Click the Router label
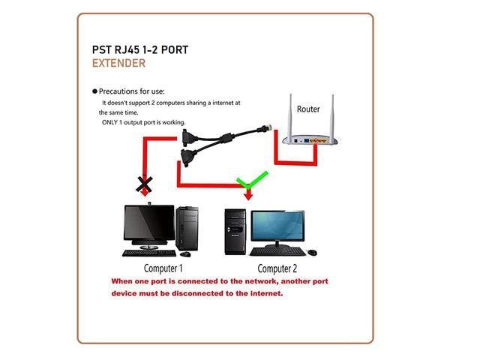coord(307,109)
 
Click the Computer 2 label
coord(277,268)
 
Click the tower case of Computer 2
coord(235,229)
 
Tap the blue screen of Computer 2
coord(278,226)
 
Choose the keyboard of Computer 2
coord(277,251)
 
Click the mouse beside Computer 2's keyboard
coord(312,253)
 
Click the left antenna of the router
coord(289,112)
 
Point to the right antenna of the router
coord(328,112)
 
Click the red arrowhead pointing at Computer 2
coord(248,196)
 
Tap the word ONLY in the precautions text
coord(111,122)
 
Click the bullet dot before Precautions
coord(94,91)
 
